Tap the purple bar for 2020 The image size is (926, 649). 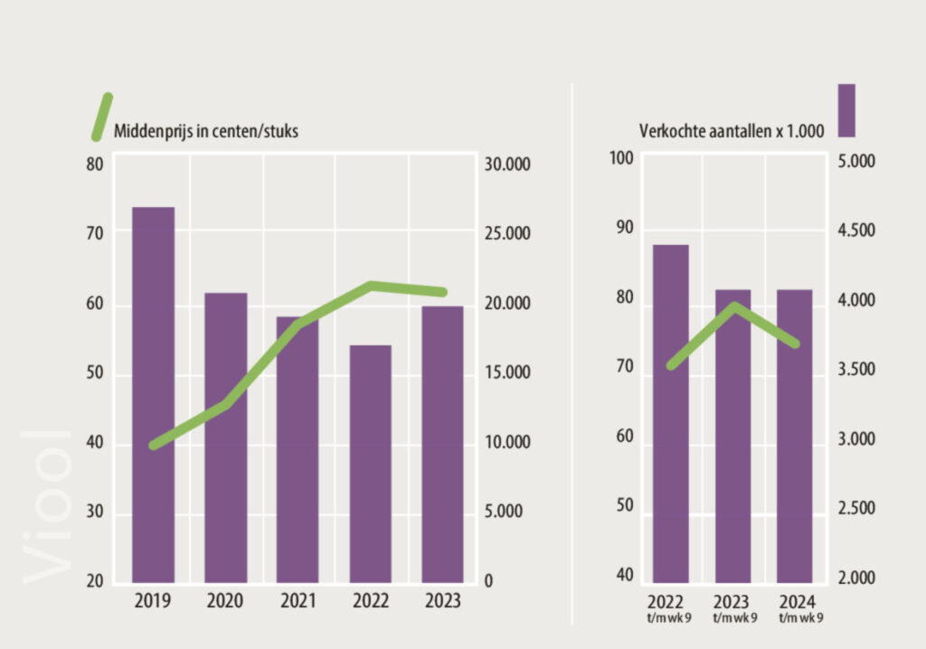(225, 437)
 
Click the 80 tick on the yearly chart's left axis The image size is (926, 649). (95, 165)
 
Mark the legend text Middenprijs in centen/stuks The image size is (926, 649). (206, 131)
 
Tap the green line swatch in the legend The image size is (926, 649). (101, 117)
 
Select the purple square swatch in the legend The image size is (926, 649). (846, 110)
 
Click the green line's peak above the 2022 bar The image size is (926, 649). (371, 286)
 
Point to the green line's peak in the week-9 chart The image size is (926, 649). (734, 306)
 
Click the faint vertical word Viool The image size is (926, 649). (45, 506)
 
